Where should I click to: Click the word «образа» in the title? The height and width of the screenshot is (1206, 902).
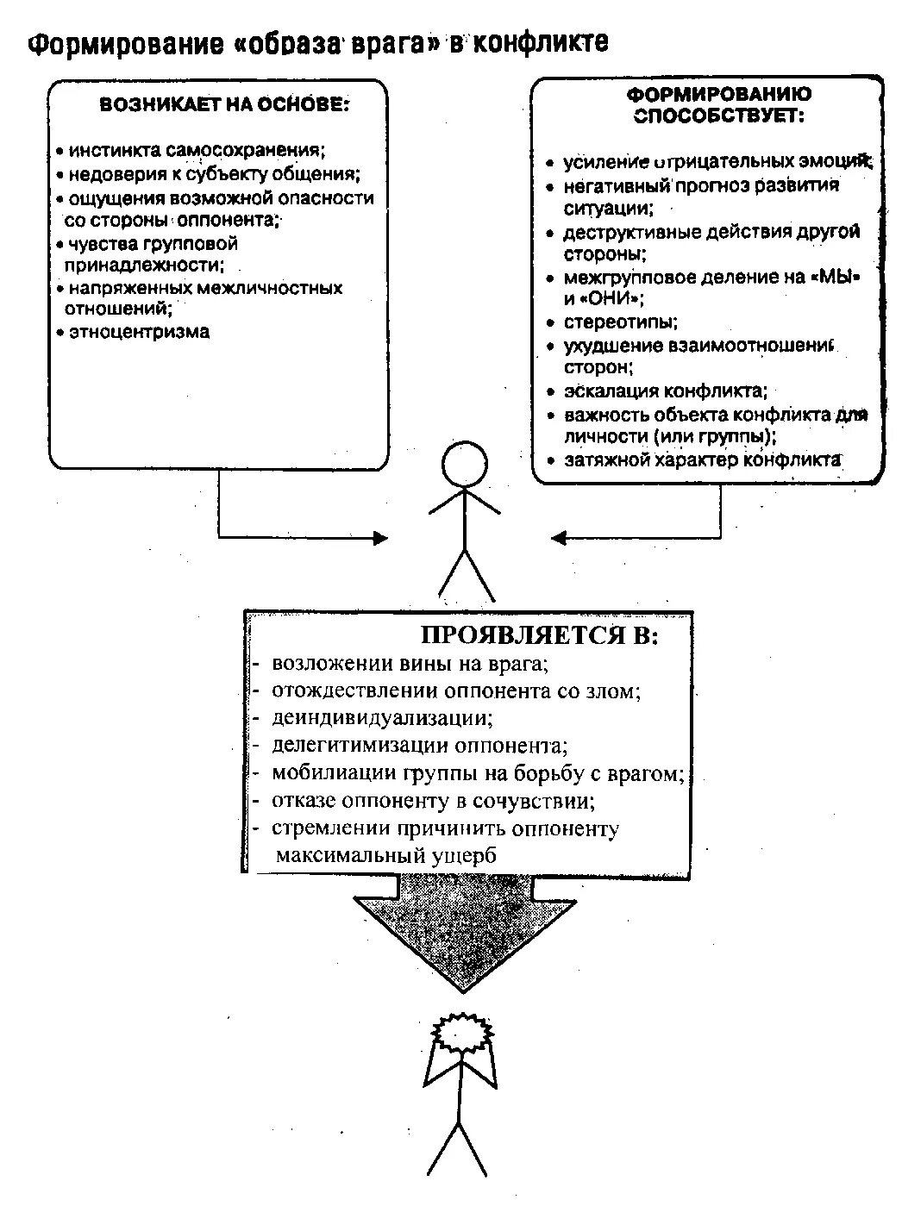[x=290, y=45]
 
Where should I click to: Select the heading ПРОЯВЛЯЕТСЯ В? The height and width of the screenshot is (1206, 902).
[x=539, y=636]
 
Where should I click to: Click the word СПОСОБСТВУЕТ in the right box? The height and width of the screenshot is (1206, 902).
[x=717, y=117]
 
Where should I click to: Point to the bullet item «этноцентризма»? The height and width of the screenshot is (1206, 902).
[x=138, y=332]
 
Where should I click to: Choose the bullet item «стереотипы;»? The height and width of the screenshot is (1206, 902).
[x=620, y=322]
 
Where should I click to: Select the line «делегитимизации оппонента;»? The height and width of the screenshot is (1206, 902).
[x=419, y=745]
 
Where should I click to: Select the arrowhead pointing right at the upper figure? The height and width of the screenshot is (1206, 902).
[x=380, y=539]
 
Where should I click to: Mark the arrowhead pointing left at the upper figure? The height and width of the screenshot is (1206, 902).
[x=558, y=539]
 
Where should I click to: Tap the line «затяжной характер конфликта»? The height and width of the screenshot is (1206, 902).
[x=702, y=460]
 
